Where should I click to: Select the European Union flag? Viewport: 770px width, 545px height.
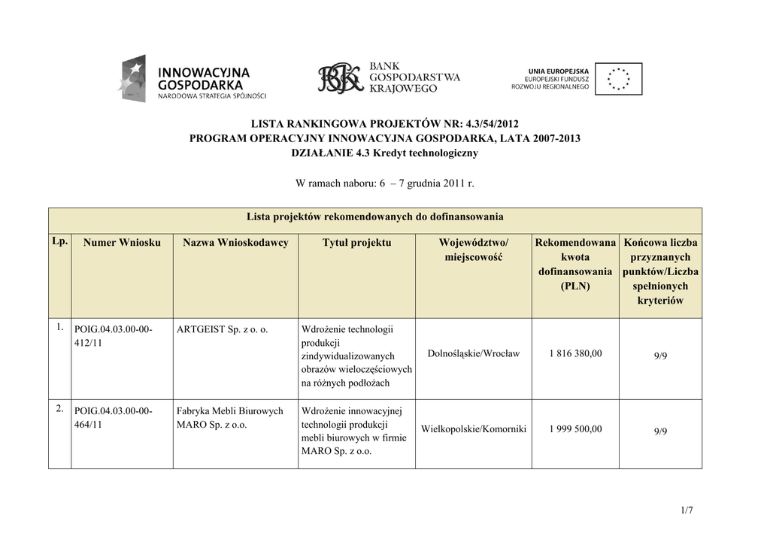[x=618, y=78]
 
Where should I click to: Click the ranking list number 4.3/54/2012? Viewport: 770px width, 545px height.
[x=486, y=123]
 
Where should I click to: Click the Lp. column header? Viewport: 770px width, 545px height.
[x=60, y=242]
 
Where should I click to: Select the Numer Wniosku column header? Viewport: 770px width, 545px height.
[x=122, y=243]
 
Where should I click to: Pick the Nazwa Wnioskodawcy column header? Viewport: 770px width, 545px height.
[x=235, y=243]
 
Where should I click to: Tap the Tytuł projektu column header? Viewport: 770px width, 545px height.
[x=356, y=243]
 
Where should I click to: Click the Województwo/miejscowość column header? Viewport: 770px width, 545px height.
[x=473, y=250]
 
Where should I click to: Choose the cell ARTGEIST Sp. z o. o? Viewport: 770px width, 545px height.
[x=223, y=329]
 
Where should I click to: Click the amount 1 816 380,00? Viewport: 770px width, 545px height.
[x=575, y=353]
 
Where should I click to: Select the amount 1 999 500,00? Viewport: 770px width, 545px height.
[x=575, y=429]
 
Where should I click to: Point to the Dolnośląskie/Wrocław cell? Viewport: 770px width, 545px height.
[x=473, y=353]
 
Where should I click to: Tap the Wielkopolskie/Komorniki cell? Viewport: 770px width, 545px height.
[x=474, y=429]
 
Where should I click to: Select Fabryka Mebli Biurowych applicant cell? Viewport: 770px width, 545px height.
[x=230, y=418]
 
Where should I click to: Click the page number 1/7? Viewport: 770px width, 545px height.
[x=686, y=511]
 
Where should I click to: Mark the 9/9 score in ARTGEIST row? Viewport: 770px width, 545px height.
[x=660, y=356]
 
